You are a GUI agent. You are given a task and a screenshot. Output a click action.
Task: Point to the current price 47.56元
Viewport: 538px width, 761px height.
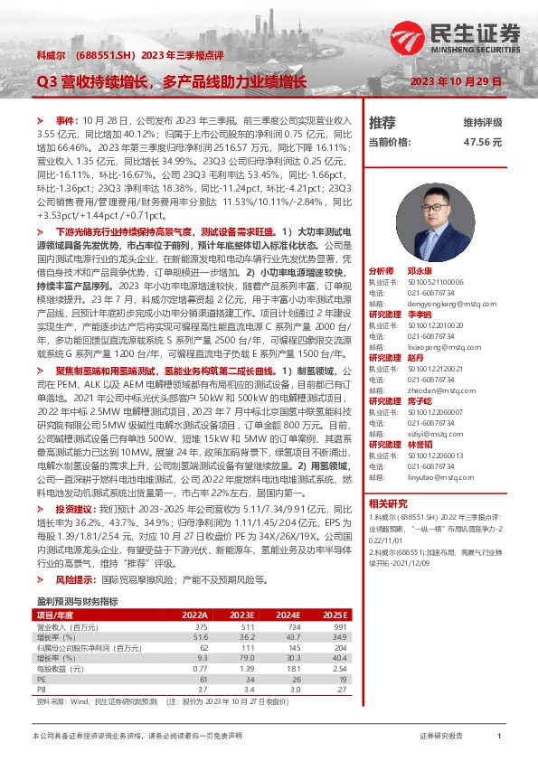(482, 142)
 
